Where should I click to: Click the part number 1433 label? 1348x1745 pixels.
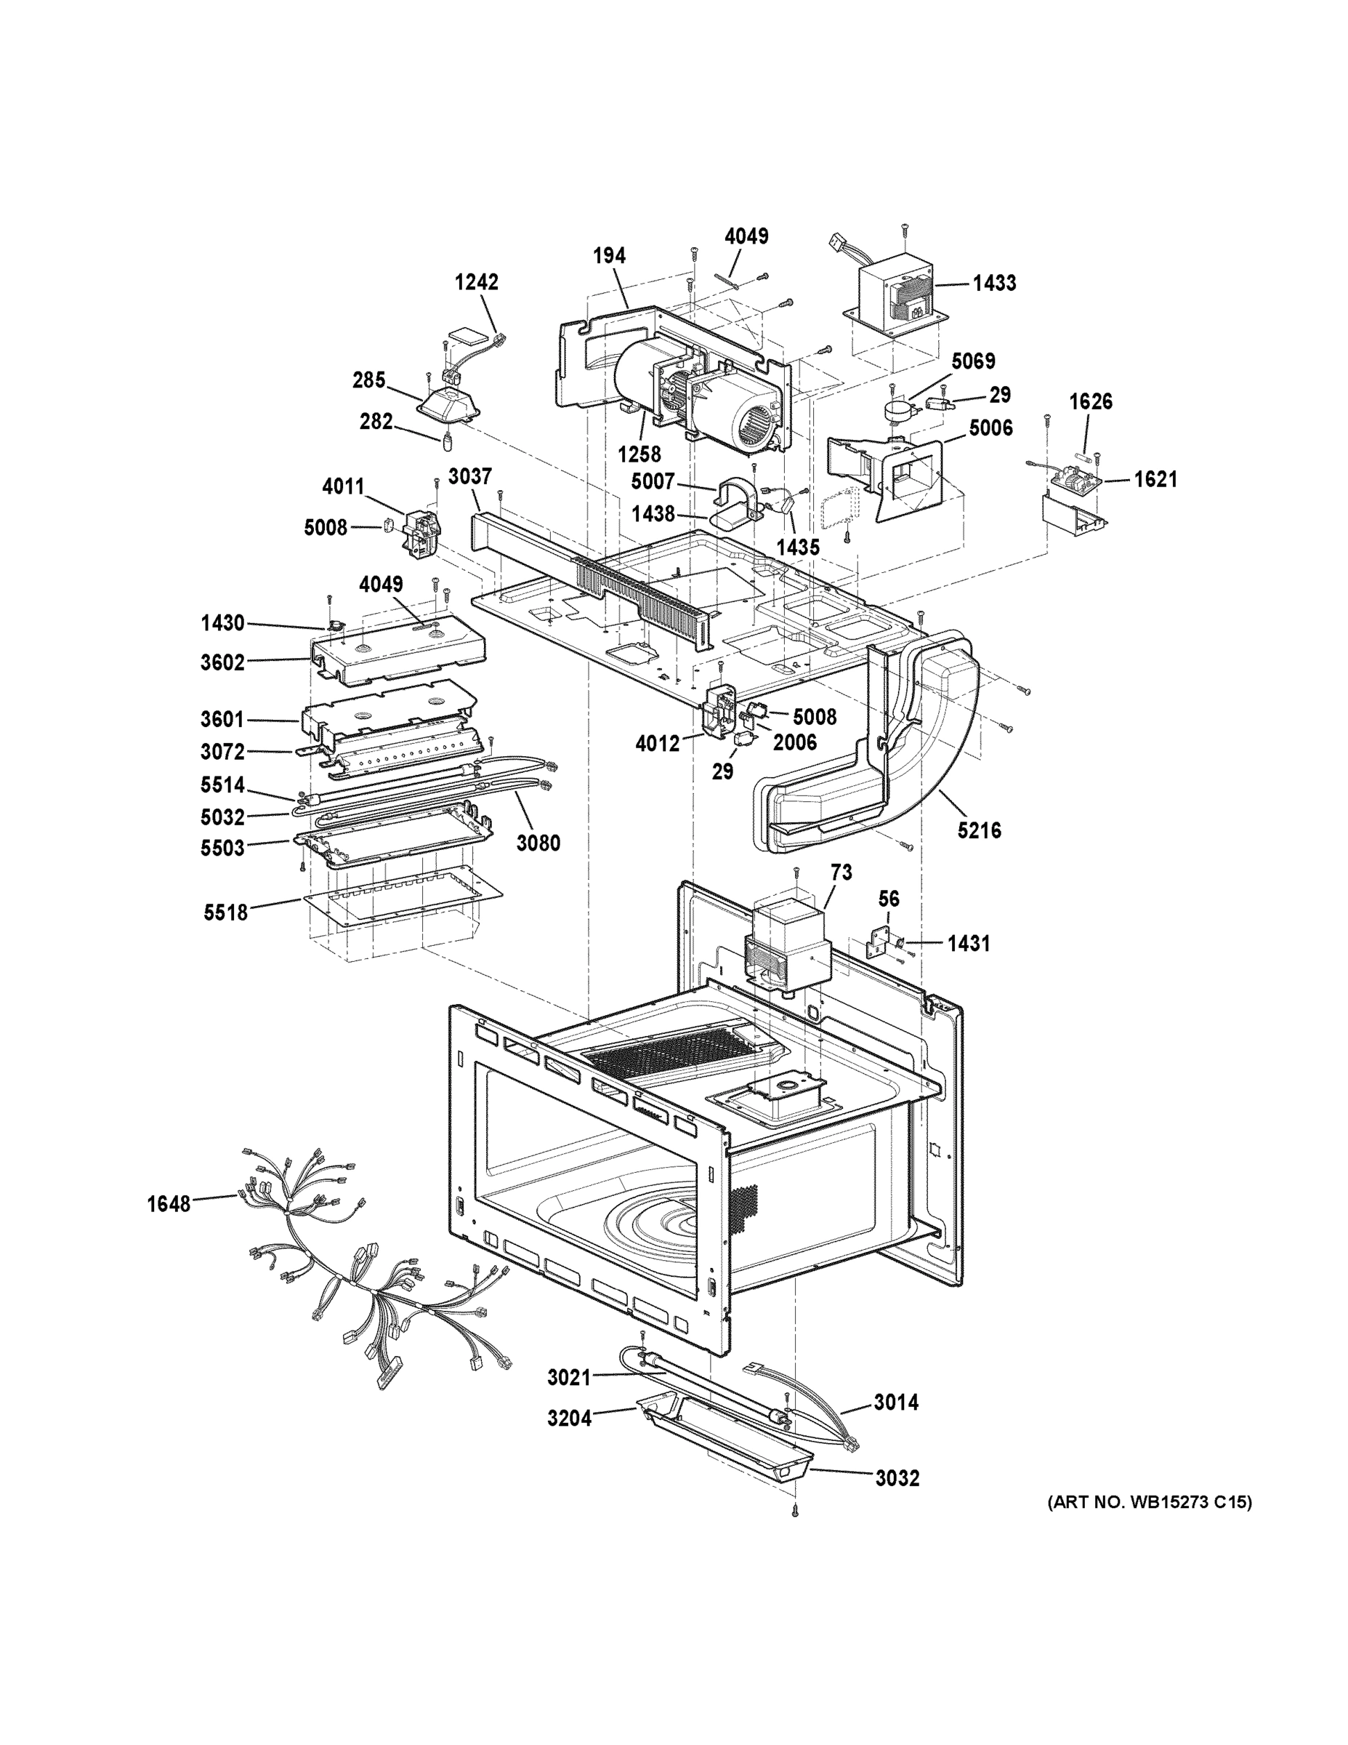click(x=994, y=283)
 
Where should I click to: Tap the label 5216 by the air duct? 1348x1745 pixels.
click(x=979, y=830)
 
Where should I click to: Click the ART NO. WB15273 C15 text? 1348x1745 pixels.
click(x=1149, y=1503)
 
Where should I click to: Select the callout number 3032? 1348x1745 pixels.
click(x=897, y=1478)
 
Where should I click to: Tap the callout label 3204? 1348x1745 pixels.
click(x=570, y=1419)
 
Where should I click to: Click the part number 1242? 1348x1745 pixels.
click(x=477, y=282)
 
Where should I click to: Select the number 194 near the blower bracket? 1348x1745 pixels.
click(x=609, y=256)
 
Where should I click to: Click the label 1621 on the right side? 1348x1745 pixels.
click(x=1155, y=479)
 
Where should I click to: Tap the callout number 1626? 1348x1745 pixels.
click(x=1091, y=401)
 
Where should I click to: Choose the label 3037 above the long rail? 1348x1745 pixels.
click(x=469, y=477)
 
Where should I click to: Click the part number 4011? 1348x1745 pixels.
click(x=344, y=486)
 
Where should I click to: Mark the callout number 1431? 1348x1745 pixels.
click(x=969, y=944)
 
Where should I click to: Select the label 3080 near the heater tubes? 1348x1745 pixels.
click(x=538, y=842)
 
